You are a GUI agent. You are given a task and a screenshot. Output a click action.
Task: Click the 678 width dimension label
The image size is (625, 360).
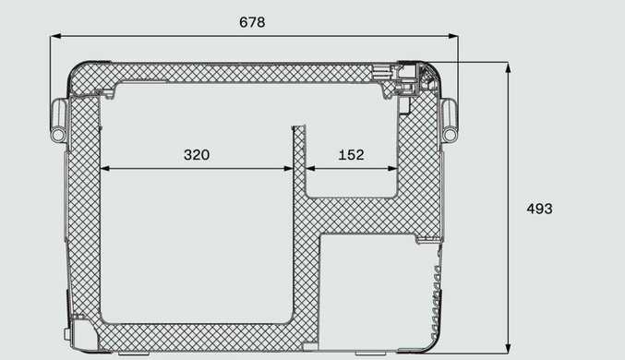point(252,22)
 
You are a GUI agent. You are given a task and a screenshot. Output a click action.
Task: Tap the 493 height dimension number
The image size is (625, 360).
point(539,209)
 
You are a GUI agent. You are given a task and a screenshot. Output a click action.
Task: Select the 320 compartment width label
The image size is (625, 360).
point(197,155)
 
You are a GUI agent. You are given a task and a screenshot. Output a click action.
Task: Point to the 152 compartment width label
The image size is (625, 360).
point(351,155)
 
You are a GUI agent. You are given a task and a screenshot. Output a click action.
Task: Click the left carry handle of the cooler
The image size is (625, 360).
point(58,120)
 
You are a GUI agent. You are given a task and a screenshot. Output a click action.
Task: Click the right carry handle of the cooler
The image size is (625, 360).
point(450,120)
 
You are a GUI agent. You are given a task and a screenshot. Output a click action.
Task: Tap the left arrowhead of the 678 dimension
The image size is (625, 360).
point(55,36)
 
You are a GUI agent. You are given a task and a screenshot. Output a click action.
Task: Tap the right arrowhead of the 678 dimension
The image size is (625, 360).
point(453,36)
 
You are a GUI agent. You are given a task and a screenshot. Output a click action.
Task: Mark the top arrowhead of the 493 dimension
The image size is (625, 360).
point(508,67)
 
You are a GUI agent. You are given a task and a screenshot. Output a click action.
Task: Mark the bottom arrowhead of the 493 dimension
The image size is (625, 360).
point(508,348)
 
